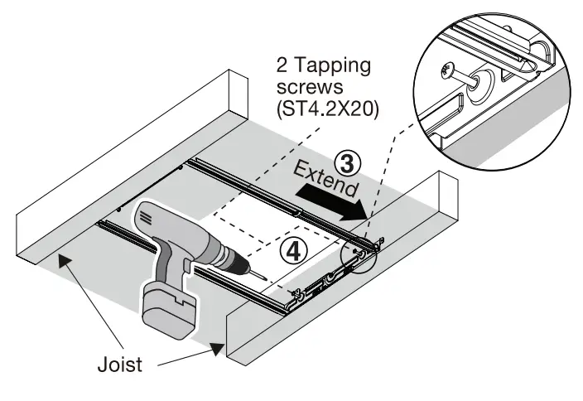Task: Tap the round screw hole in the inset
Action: (479, 83)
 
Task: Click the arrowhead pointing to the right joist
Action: (219, 350)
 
